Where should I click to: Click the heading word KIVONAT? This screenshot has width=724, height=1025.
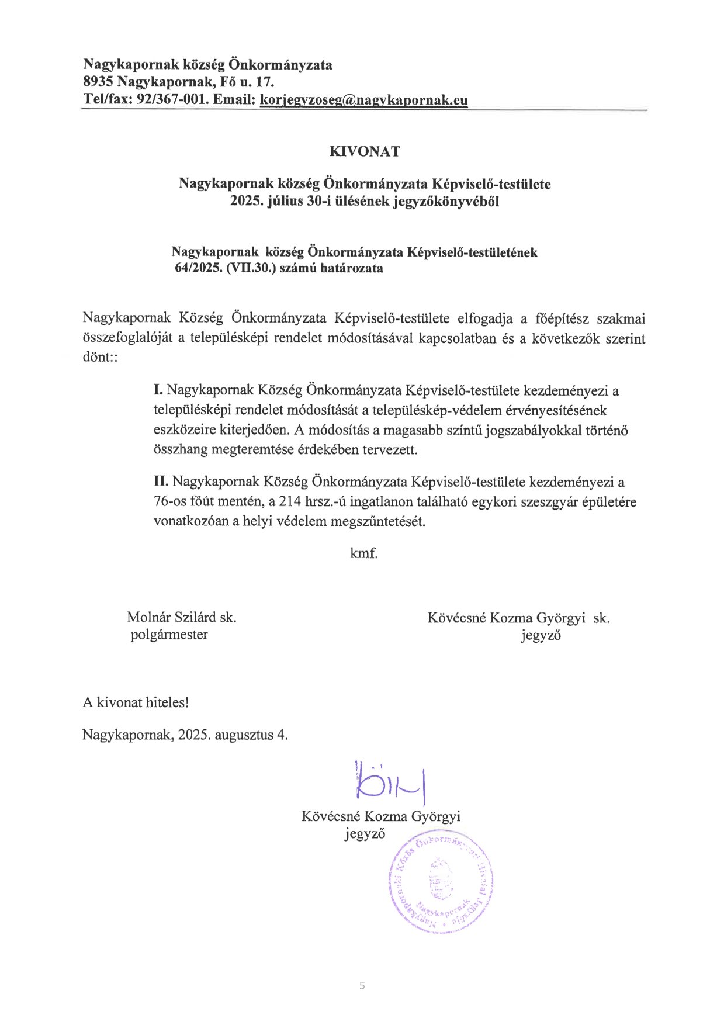click(365, 152)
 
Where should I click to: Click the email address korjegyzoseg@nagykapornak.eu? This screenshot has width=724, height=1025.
click(363, 100)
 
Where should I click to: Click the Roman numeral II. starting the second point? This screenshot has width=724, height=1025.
click(161, 482)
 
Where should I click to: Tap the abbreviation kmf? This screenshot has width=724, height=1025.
click(363, 553)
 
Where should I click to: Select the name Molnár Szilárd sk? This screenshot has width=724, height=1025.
click(181, 617)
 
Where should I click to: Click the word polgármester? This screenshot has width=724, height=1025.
click(169, 635)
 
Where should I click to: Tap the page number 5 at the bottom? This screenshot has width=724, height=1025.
click(362, 986)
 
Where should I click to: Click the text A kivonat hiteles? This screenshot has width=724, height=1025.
click(136, 702)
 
